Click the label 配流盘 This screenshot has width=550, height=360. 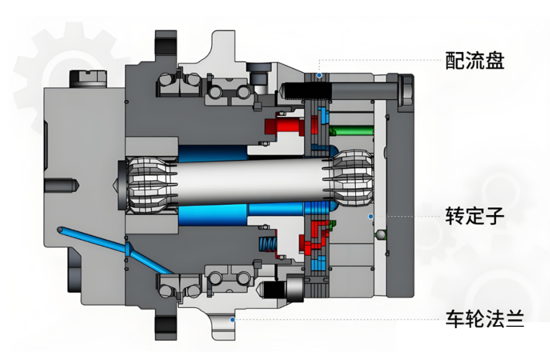[x=475, y=60]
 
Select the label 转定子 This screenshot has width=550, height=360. [x=475, y=216]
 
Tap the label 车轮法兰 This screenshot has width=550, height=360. [x=484, y=319]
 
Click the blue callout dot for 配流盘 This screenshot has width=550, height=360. [x=319, y=76]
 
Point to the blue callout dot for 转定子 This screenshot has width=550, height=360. [x=371, y=217]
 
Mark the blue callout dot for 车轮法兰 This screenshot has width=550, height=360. [x=233, y=319]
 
